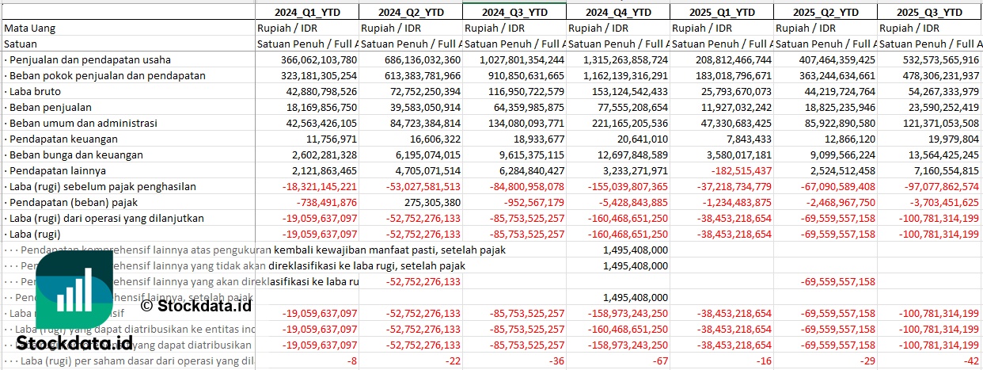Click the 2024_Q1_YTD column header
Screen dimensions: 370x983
[x=306, y=12]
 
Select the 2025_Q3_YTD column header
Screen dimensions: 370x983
[x=931, y=12]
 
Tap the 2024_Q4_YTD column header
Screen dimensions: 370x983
[x=617, y=12]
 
